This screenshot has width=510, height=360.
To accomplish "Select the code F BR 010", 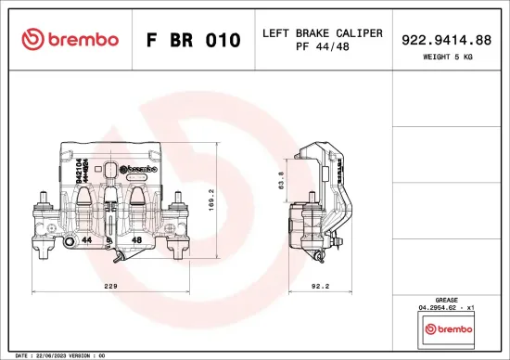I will [x=194, y=41].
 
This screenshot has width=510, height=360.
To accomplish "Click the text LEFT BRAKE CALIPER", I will [x=322, y=32].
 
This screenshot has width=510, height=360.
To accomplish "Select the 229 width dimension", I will [x=110, y=287].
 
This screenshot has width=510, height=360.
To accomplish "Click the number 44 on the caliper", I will [x=86, y=239].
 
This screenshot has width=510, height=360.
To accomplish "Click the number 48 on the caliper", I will [x=136, y=239].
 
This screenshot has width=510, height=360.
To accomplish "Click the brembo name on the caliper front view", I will [x=139, y=169].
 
